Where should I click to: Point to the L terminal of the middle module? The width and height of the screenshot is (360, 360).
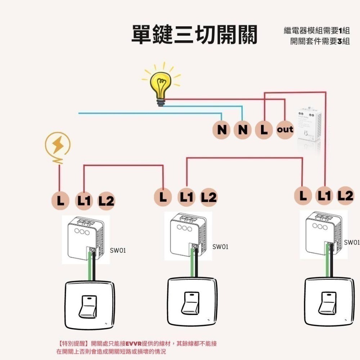(x=163, y=197)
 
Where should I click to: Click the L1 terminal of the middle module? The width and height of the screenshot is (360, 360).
(x=186, y=197)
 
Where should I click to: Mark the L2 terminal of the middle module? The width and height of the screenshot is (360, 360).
(x=209, y=197)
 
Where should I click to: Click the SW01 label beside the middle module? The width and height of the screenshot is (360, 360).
(x=220, y=247)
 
